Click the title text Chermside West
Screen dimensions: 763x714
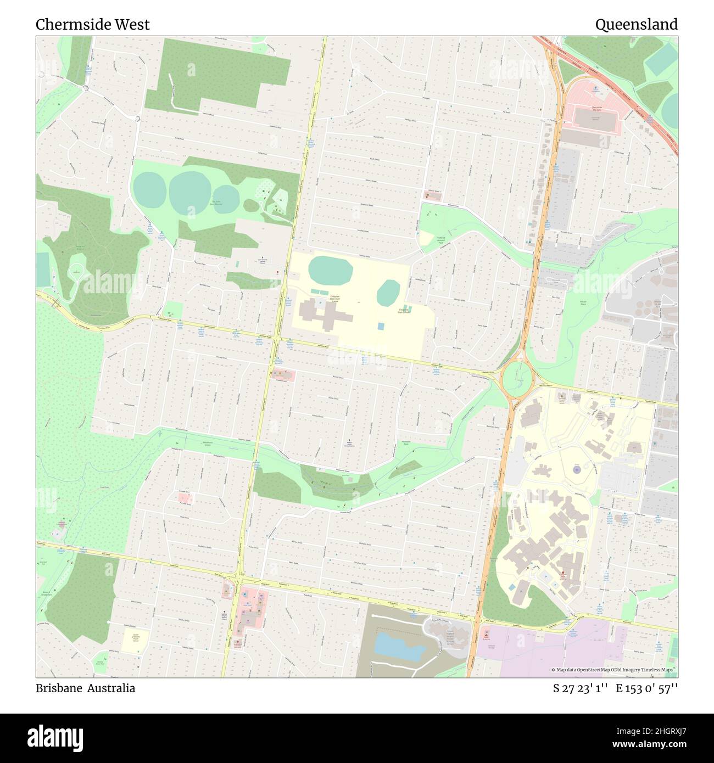pyautogui.click(x=92, y=25)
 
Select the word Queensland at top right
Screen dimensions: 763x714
pyautogui.click(x=636, y=25)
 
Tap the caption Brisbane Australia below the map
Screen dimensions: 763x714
pyautogui.click(x=85, y=688)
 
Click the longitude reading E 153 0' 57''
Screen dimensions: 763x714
pyautogui.click(x=647, y=688)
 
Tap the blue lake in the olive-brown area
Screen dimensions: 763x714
pyautogui.click(x=399, y=645)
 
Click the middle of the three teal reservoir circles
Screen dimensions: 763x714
pyautogui.click(x=190, y=190)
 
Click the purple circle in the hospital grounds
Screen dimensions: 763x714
pyautogui.click(x=576, y=470)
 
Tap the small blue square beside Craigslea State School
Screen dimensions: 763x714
pyautogui.click(x=381, y=326)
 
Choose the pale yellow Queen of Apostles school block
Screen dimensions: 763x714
pyautogui.click(x=135, y=641)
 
